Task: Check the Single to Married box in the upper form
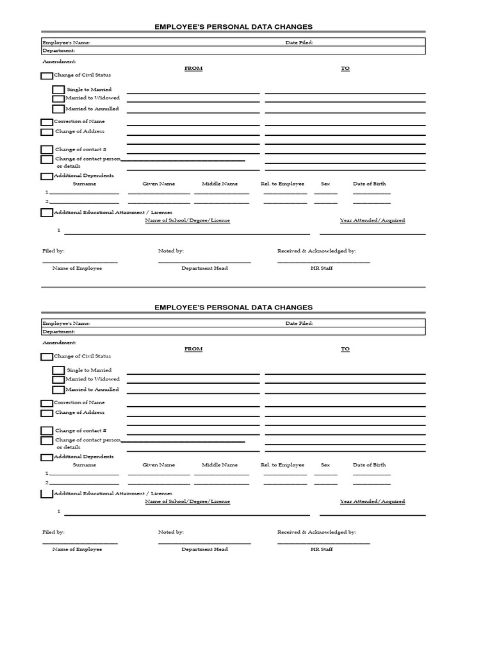coord(58,90)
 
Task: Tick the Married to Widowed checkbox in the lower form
coord(58,380)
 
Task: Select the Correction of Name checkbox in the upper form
coord(47,122)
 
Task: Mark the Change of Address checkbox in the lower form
coord(47,413)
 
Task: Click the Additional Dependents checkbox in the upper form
coord(47,176)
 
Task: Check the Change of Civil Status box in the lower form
coord(47,357)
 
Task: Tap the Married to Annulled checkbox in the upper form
coord(58,110)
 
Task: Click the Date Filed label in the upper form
coord(299,43)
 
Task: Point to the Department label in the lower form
coord(58,332)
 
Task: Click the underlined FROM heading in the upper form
coord(193,68)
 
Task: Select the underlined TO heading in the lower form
coord(345,349)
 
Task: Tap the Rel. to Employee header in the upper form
coord(283,184)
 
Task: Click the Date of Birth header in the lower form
coord(370,465)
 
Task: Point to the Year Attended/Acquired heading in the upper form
coord(372,220)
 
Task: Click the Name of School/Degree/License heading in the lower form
coord(187,502)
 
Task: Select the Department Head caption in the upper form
coord(204,268)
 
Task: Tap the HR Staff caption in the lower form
coord(322,550)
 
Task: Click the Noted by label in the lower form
coord(171,532)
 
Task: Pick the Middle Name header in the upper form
coord(220,184)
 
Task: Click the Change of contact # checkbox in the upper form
coord(47,150)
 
